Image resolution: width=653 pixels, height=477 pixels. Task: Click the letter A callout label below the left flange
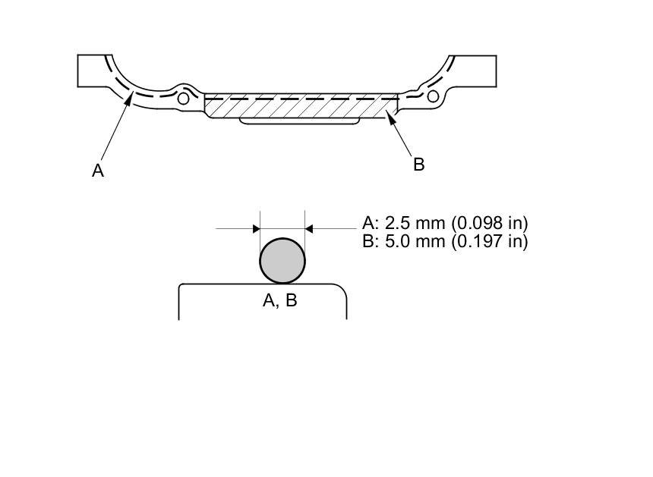click(97, 171)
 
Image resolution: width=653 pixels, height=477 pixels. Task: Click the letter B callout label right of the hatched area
click(418, 165)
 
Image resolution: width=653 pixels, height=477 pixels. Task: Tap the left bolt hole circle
click(183, 98)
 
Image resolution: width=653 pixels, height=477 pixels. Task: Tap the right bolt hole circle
click(433, 96)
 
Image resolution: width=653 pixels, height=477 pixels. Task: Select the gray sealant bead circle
click(282, 261)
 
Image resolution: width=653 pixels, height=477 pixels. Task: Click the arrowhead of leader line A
click(131, 97)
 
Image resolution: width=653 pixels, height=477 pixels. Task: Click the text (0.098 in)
click(490, 223)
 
